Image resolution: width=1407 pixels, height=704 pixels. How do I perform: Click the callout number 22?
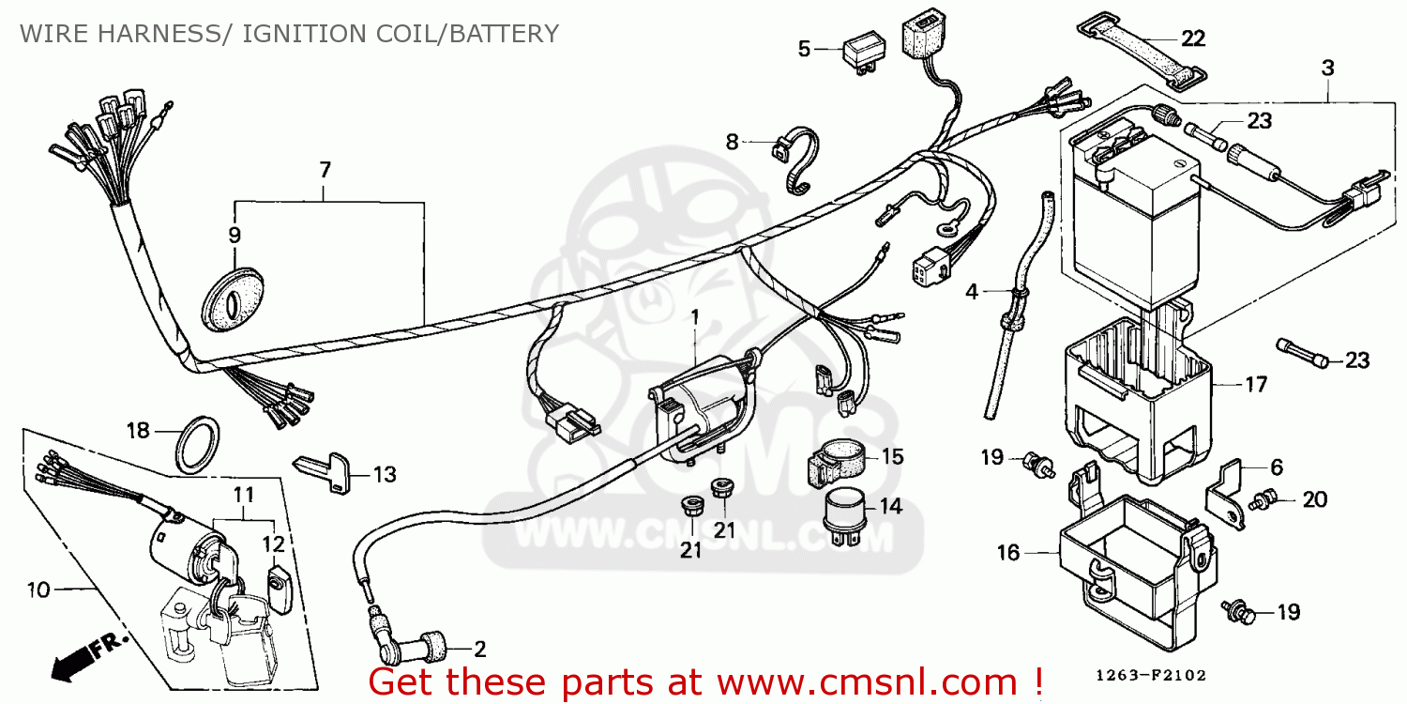point(1193,38)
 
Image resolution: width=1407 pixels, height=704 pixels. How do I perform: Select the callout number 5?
point(804,49)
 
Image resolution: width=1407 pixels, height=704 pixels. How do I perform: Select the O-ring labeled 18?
point(198,445)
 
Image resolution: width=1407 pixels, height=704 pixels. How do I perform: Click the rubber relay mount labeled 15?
point(836,464)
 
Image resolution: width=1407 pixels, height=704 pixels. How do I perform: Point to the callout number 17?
point(1256,384)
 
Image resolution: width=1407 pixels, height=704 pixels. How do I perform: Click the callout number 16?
point(1008,553)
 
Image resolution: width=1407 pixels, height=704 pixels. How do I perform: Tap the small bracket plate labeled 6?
point(1225,495)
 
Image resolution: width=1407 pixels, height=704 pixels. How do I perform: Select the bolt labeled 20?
point(1261,501)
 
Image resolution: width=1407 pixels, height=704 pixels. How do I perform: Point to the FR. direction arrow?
point(88,657)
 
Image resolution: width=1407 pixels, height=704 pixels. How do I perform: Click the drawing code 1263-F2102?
point(1151,675)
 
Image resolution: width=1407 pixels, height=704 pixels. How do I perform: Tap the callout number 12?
point(274,543)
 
